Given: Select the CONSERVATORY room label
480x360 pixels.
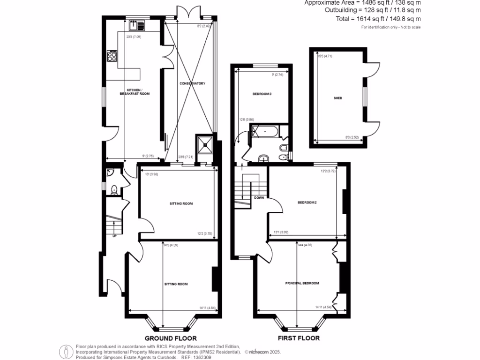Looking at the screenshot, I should [x=192, y=83].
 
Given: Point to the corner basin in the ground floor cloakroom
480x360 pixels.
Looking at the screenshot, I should [x=109, y=173].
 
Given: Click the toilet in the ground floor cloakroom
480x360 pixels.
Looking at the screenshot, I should [x=113, y=189].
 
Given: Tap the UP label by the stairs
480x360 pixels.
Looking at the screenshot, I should [x=114, y=236].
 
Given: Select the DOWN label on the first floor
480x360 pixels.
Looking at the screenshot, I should [x=259, y=197].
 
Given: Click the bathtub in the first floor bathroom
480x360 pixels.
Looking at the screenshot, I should [x=265, y=132].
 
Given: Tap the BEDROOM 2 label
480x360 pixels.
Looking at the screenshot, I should [x=307, y=202].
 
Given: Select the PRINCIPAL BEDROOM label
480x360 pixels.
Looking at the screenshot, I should [x=302, y=283].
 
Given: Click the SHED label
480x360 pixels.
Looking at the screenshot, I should [x=337, y=98].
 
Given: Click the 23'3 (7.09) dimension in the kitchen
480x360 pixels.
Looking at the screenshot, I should [x=134, y=37].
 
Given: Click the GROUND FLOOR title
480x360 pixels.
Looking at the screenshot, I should [x=170, y=338].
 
